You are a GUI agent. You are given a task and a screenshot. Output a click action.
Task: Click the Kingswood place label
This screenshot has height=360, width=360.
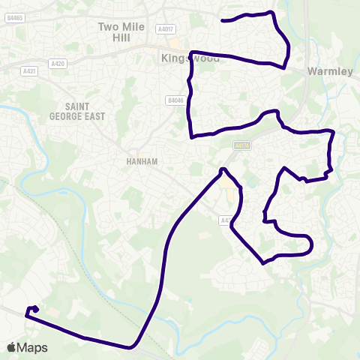tap(184, 57)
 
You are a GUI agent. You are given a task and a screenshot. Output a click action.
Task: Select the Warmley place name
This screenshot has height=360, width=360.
tap(330, 72)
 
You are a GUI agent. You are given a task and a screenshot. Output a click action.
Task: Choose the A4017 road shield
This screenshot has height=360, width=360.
tap(166, 29)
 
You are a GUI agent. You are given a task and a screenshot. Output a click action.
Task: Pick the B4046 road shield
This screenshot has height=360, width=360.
tap(175, 99)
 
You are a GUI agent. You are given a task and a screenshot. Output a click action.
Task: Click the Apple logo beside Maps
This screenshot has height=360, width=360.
tap(12, 347)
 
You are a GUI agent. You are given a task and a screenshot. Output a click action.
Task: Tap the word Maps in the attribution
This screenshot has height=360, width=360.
tap(32, 347)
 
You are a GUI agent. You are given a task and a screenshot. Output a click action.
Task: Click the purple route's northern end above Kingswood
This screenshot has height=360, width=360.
tap(223, 20)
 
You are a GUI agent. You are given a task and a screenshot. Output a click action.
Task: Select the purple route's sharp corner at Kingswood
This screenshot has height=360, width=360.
tap(192, 52)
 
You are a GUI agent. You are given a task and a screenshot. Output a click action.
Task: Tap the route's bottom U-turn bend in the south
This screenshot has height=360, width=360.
tap(132, 346)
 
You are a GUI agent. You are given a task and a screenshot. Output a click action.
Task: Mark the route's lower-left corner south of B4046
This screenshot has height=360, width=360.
tap(193, 137)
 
